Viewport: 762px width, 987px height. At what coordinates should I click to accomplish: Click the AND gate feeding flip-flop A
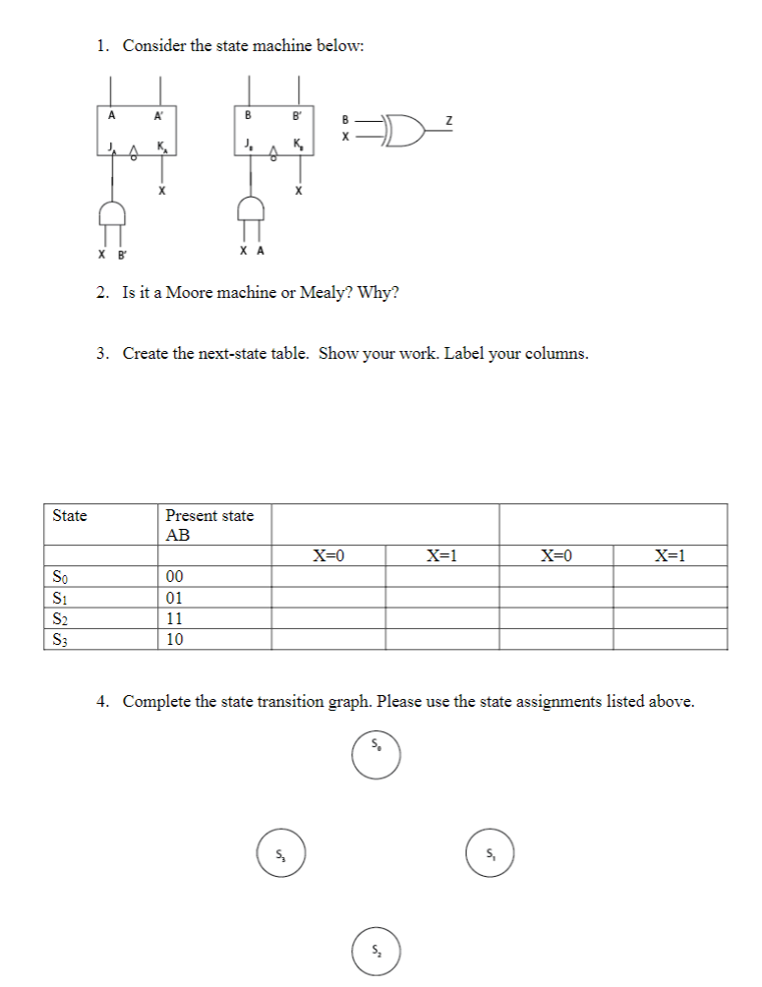pyautogui.click(x=111, y=213)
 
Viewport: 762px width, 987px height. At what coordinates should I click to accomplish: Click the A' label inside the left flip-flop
pyautogui.click(x=158, y=115)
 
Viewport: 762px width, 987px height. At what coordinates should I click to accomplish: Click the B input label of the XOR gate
pyautogui.click(x=344, y=121)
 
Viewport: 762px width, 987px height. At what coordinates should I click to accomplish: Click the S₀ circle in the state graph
pyautogui.click(x=378, y=753)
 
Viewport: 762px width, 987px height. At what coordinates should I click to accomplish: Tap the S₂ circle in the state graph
pyautogui.click(x=378, y=952)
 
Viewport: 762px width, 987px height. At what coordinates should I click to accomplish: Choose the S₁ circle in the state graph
pyautogui.click(x=490, y=851)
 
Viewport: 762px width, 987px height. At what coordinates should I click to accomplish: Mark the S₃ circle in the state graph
pyautogui.click(x=281, y=851)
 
